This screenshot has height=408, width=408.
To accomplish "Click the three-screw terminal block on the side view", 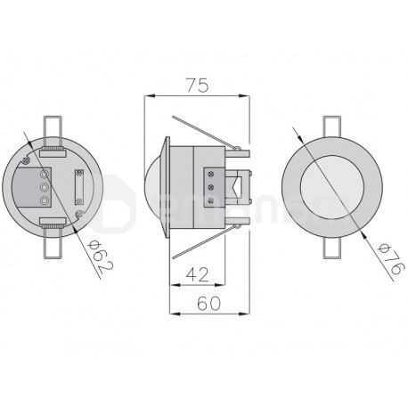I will click(x=212, y=188).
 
